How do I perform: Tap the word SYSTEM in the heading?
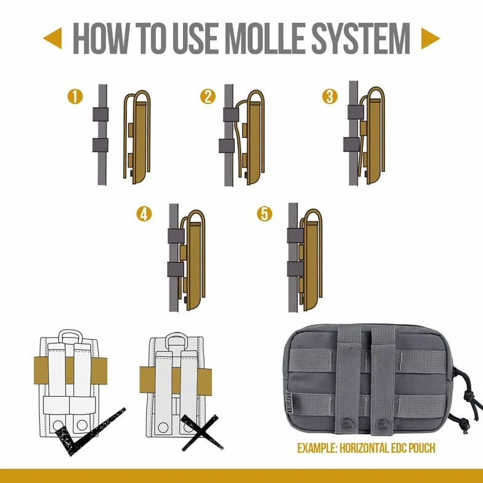point(361,39)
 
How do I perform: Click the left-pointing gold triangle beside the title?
point(53,38)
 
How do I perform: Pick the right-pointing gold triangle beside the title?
point(430,38)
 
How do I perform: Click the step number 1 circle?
point(75,96)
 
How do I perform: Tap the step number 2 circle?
point(208,96)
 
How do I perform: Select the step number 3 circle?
point(330,96)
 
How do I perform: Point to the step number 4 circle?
point(144,214)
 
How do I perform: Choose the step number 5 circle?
point(265,214)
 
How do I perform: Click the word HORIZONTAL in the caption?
point(365,448)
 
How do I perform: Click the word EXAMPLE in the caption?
point(317,448)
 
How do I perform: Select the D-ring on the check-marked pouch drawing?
point(70,333)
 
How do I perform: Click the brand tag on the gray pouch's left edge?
point(289,403)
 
